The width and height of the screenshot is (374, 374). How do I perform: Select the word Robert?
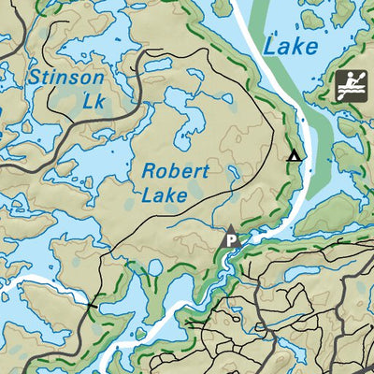tap(175, 172)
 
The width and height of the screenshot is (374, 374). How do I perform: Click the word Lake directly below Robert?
tap(165, 195)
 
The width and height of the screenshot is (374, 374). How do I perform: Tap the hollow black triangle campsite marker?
tap(295, 155)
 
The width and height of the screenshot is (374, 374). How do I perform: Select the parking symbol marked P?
tap(230, 237)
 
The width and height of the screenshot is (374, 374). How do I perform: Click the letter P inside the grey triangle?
tap(230, 240)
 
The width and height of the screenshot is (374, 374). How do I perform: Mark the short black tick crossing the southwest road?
tap(92, 305)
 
